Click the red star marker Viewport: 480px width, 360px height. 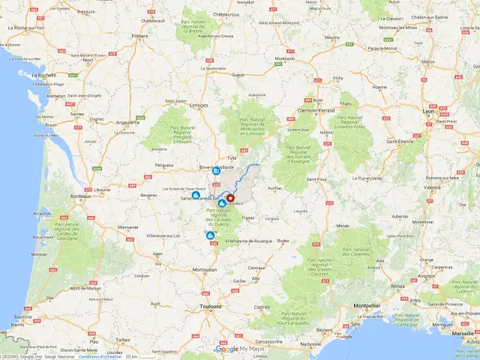click(230, 197)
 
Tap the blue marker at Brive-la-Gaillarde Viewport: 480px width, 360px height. click(216, 170)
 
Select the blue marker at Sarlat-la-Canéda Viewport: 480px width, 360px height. click(196, 195)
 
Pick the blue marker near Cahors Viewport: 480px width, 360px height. click(210, 235)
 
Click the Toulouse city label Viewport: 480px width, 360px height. click(210, 306)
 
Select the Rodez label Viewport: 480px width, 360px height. click(283, 241)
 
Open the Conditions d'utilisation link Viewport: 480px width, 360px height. click(100, 356)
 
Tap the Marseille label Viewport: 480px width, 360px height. click(463, 333)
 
